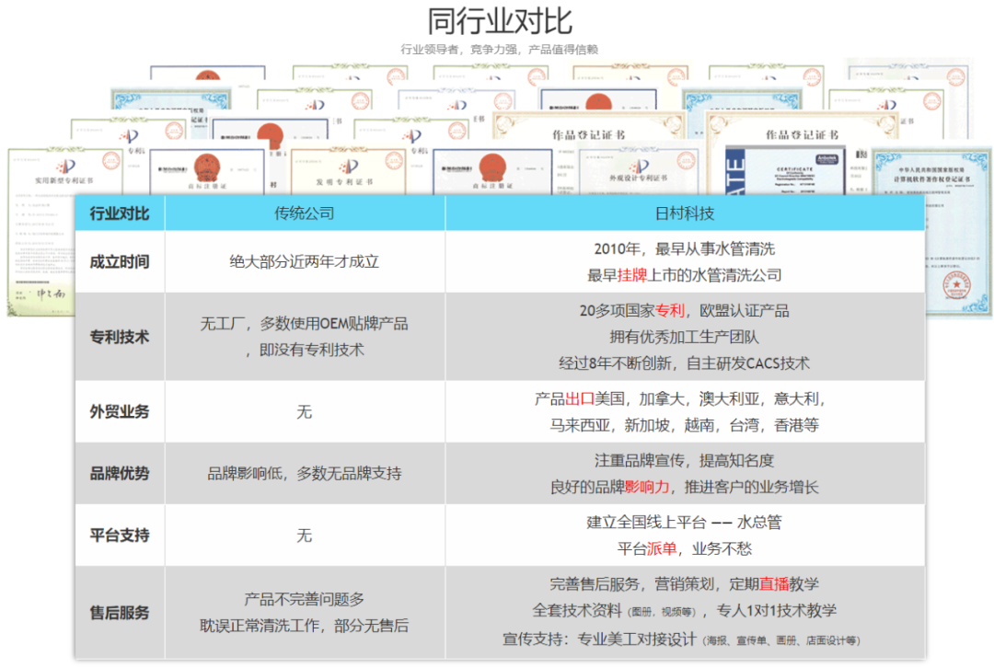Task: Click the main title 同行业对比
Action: (x=500, y=20)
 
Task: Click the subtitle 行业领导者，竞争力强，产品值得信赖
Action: (x=500, y=50)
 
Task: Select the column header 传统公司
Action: (x=305, y=213)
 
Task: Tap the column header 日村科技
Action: (x=684, y=213)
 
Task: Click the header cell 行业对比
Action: (x=119, y=213)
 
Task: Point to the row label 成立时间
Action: (x=119, y=261)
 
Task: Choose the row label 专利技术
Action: (x=119, y=337)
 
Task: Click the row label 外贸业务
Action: (x=119, y=411)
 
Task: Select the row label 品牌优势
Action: (x=119, y=474)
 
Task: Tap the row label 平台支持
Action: (x=119, y=535)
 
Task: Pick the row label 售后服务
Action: (x=119, y=613)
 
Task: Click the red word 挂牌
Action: (x=632, y=274)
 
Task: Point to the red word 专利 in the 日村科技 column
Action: (x=671, y=311)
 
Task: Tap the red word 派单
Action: (x=661, y=548)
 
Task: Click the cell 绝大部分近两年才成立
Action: (x=305, y=261)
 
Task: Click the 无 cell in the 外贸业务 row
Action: (x=305, y=411)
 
